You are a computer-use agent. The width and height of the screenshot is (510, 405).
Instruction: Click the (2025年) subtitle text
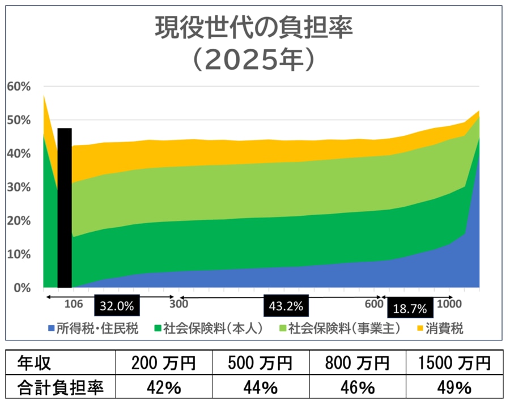pyautogui.click(x=254, y=58)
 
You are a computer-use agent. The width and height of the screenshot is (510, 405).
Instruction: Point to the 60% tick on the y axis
pyautogui.click(x=18, y=87)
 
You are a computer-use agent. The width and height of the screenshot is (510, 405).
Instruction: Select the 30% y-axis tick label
pyautogui.click(x=18, y=187)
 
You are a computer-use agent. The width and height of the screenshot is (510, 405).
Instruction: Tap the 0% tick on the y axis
pyautogui.click(x=22, y=288)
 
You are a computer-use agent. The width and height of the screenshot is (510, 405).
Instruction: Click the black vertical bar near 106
pyautogui.click(x=65, y=208)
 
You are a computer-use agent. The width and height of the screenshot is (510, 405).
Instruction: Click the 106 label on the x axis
pyautogui.click(x=74, y=304)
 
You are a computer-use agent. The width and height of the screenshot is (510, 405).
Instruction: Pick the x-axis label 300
pyautogui.click(x=179, y=304)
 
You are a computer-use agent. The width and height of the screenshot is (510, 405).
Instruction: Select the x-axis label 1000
pyautogui.click(x=450, y=304)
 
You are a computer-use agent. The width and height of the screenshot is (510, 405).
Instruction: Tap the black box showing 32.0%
pyautogui.click(x=117, y=306)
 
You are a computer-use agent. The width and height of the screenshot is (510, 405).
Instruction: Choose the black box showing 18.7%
pyautogui.click(x=410, y=309)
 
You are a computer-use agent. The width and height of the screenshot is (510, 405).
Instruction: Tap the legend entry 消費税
pyautogui.click(x=441, y=329)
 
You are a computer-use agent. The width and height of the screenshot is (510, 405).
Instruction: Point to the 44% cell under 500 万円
pyautogui.click(x=260, y=387)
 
